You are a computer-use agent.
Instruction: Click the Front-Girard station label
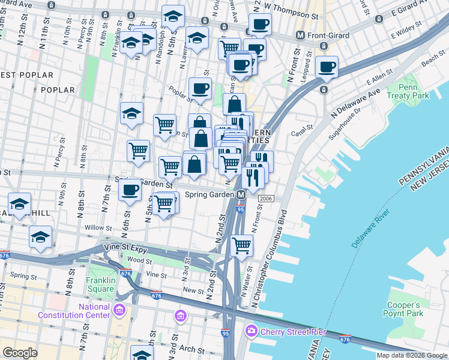[x=328, y=35]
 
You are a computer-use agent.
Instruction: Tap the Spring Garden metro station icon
[x=241, y=195]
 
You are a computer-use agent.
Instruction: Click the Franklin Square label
[x=91, y=284]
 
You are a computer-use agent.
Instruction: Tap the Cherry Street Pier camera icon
[x=251, y=331]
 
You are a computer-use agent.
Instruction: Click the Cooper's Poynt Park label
[x=403, y=308]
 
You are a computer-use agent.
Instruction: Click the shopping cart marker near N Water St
[x=241, y=245]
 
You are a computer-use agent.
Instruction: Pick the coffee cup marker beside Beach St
[x=327, y=67]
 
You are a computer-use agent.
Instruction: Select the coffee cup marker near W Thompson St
[x=260, y=24]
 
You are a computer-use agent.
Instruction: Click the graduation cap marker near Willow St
[x=40, y=236]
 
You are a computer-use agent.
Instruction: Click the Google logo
[x=20, y=352]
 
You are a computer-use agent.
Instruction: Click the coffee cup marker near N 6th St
[x=130, y=191]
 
